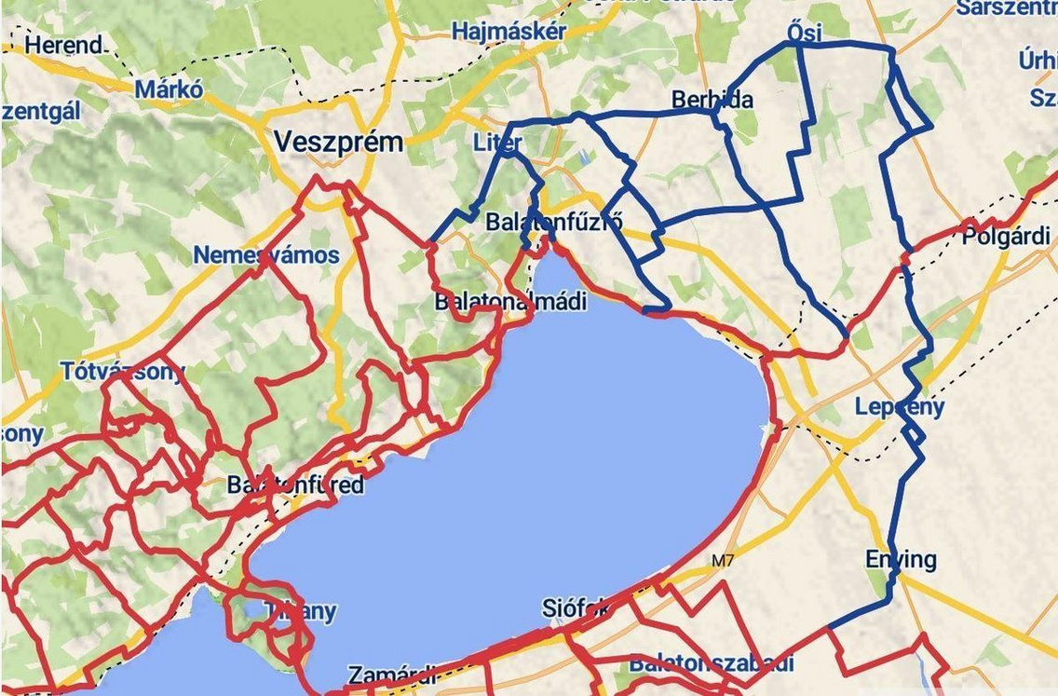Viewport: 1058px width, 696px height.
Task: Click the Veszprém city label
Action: (339, 143)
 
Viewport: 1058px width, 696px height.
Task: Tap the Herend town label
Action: (62, 44)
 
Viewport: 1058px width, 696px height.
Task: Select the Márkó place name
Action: (169, 89)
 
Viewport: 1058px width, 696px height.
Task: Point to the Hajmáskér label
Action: (509, 32)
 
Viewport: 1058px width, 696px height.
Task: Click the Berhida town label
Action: (712, 100)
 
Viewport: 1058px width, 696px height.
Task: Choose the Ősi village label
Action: (805, 33)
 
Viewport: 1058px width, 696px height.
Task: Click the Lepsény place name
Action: (900, 407)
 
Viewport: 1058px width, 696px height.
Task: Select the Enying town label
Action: (901, 559)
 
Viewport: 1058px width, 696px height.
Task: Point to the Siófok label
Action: (576, 608)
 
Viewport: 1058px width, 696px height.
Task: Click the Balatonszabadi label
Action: (712, 663)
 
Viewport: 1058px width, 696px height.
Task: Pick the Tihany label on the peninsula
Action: (299, 612)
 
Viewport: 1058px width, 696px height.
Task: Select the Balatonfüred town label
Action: (295, 485)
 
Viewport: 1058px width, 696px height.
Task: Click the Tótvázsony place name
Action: (122, 371)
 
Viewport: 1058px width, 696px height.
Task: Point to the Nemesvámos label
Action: (266, 254)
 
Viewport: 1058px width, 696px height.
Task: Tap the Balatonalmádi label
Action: (511, 303)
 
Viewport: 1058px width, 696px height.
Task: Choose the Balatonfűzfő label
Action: (554, 223)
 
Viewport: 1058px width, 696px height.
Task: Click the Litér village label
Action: (498, 143)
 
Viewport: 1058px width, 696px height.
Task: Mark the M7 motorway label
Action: (722, 560)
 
